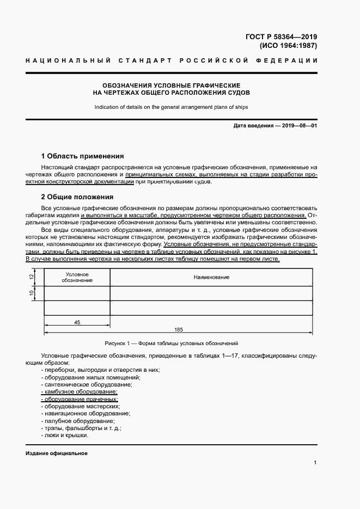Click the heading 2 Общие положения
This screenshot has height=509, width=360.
point(77,197)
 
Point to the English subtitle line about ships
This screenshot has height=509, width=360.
point(171,107)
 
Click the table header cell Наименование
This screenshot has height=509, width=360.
point(211,278)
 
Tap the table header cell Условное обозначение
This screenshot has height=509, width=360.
point(77,277)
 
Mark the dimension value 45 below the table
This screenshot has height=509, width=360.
point(77,323)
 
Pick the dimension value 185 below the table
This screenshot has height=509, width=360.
point(179,329)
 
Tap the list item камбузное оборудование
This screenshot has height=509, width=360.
point(80,392)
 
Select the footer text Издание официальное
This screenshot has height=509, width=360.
point(57,453)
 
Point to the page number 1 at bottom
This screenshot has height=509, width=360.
point(315,462)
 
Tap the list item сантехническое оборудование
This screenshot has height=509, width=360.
point(82,384)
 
